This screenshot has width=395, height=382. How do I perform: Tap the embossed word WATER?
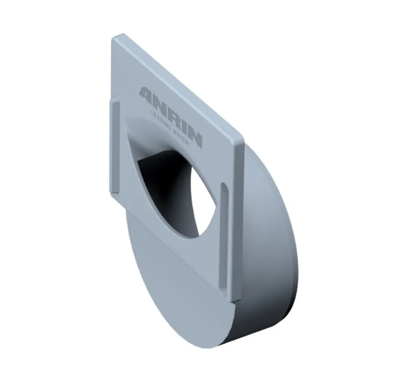pyautogui.click(x=181, y=138)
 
